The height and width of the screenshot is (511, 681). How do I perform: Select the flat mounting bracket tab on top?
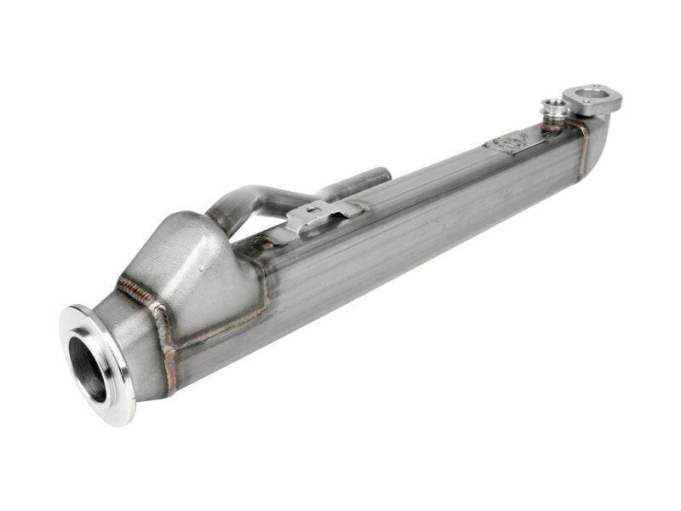coord(323,213)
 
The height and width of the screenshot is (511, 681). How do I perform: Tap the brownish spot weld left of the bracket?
coord(266,243)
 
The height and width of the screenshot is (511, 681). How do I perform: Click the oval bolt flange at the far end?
coord(592,99)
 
